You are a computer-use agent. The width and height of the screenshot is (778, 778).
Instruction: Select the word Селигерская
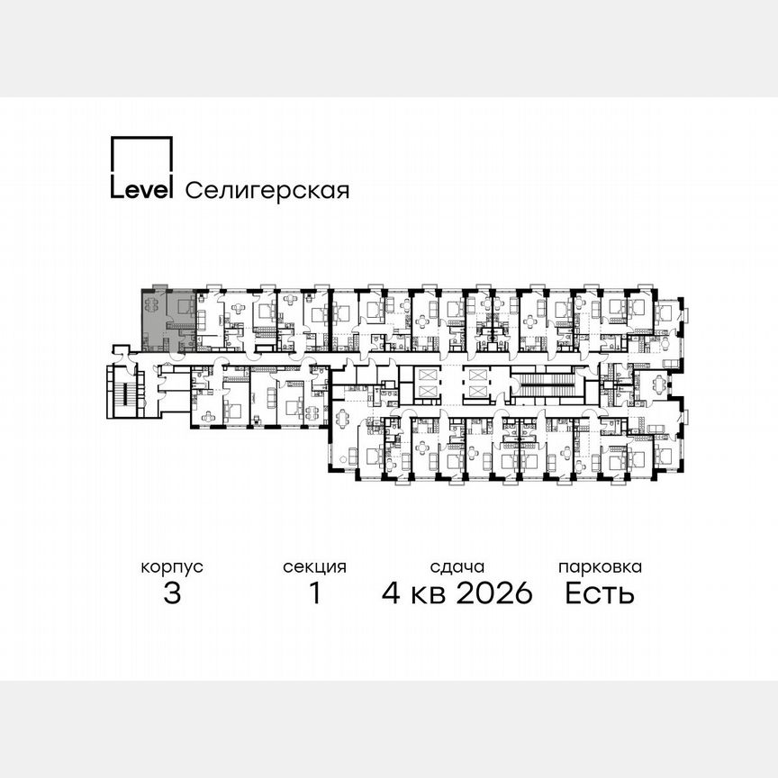pos(267,190)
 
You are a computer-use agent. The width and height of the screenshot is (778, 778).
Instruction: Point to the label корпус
pos(172,567)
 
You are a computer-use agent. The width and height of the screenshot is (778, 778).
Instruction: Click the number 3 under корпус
pos(172,593)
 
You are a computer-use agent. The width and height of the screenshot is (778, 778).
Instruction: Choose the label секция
pos(314,567)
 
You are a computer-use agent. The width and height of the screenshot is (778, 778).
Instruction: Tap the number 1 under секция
pos(314,593)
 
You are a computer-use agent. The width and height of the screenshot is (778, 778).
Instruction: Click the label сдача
pos(457,567)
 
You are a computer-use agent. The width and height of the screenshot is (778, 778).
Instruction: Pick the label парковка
pos(600,567)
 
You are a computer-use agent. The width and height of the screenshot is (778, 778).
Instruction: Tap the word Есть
pos(600,593)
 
